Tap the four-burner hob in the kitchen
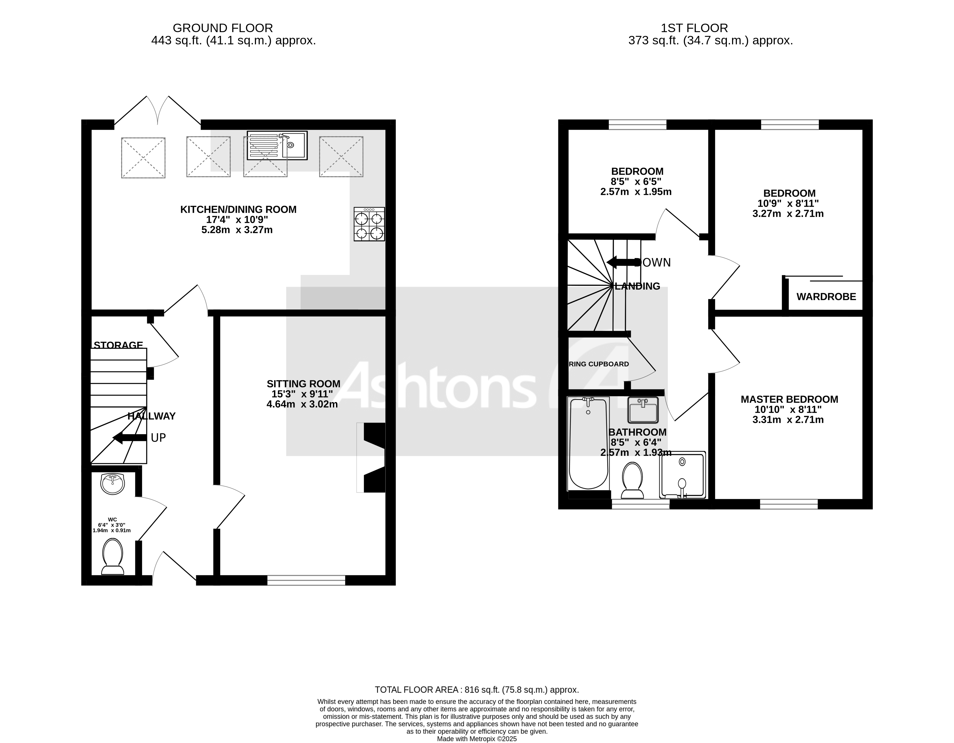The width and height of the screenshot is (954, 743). [369, 224]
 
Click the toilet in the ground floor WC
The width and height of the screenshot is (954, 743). [112, 556]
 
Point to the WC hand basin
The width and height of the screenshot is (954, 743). [113, 483]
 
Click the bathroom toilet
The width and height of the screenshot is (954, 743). [632, 480]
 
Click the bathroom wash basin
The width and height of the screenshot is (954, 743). [643, 410]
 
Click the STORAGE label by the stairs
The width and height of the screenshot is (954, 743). [118, 345]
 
